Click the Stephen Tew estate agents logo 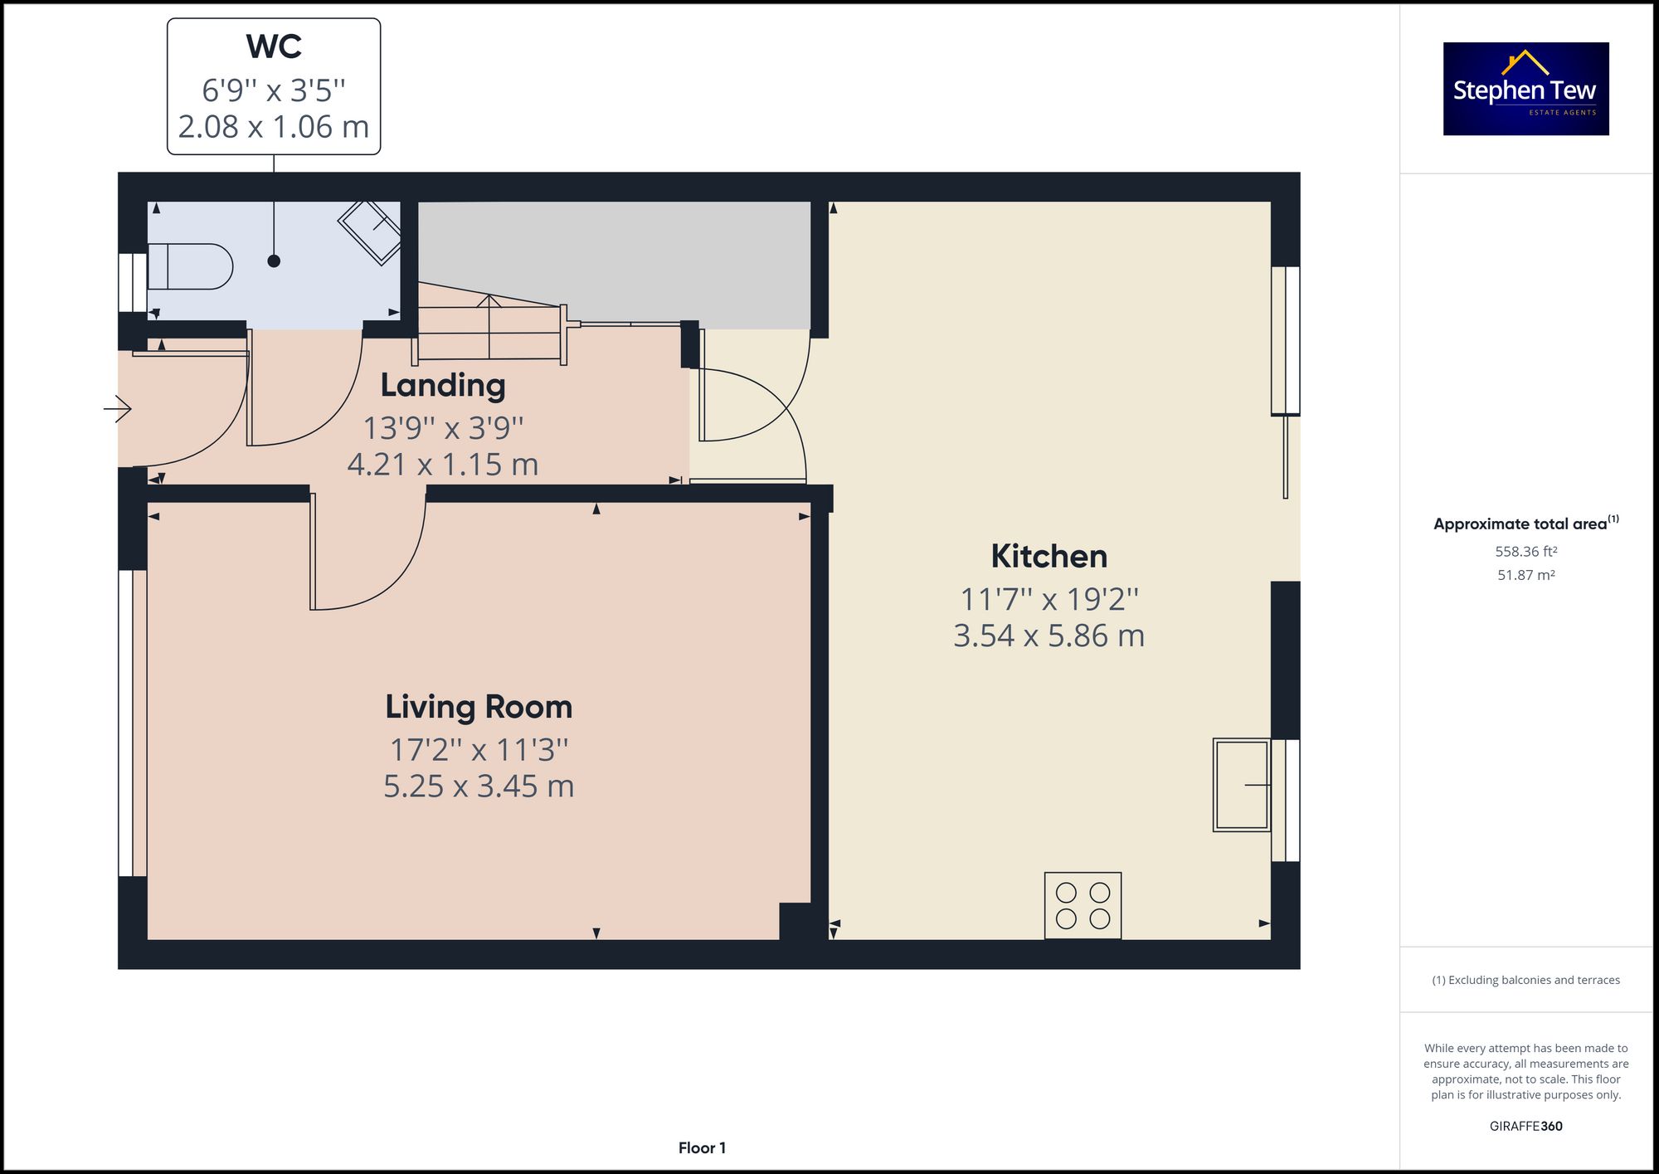[x=1525, y=89]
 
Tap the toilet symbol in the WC [x=190, y=266]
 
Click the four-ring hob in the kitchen [x=1082, y=905]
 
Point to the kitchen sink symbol [x=1242, y=785]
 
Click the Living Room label [x=479, y=707]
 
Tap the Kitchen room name [x=1049, y=556]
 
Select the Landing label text [x=443, y=386]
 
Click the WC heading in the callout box [x=274, y=46]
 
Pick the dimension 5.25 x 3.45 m [x=479, y=786]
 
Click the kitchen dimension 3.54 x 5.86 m [x=1049, y=636]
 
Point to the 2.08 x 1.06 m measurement [x=274, y=127]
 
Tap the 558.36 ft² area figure [x=1526, y=551]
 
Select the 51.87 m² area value [x=1526, y=575]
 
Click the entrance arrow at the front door [x=117, y=408]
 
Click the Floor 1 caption [x=702, y=1148]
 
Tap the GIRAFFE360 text [x=1526, y=1126]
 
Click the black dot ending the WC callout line [x=274, y=261]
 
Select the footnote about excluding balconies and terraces [x=1526, y=980]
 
